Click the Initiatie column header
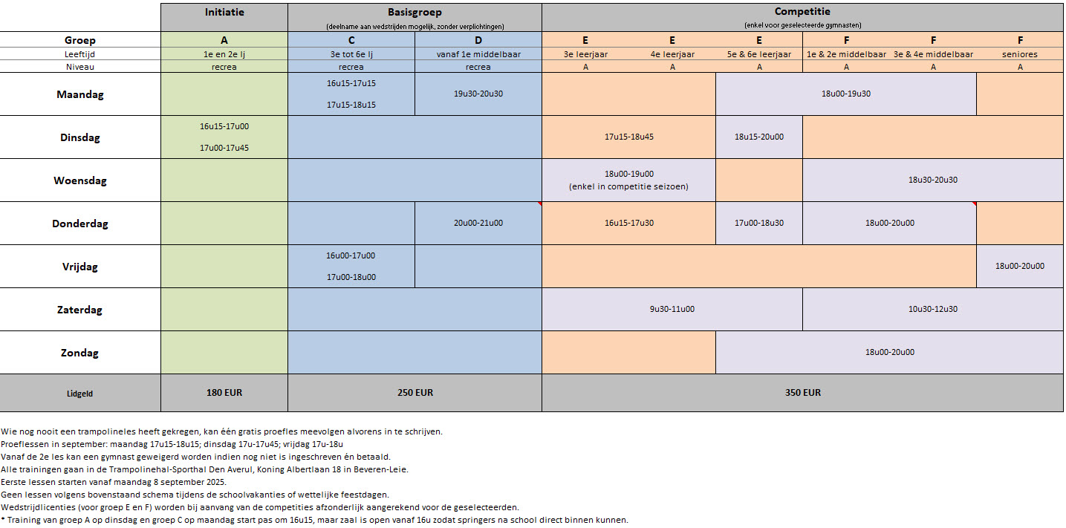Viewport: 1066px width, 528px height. (x=224, y=12)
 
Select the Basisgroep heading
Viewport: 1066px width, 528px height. (x=415, y=12)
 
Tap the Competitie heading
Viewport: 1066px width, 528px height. (x=802, y=12)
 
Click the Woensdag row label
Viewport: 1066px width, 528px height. (x=80, y=180)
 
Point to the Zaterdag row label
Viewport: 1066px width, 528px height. (x=80, y=310)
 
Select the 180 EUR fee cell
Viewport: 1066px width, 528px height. (x=224, y=392)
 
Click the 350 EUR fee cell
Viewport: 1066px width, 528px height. (x=802, y=392)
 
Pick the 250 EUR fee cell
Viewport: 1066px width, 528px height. (x=415, y=392)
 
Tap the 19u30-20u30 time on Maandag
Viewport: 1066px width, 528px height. (x=478, y=94)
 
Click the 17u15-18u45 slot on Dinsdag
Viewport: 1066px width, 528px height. (x=629, y=137)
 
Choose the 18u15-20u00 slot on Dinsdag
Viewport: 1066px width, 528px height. (x=758, y=137)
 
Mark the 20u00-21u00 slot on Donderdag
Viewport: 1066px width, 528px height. (x=478, y=223)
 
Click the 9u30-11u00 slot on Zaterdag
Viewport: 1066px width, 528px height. (x=672, y=309)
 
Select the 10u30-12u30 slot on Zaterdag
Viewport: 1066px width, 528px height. (x=933, y=309)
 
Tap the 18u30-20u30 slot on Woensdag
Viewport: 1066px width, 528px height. (x=933, y=180)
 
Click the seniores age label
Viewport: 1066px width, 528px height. (x=1020, y=54)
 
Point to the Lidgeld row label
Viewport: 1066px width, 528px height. (x=80, y=394)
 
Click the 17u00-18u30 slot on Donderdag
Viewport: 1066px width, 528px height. (x=758, y=223)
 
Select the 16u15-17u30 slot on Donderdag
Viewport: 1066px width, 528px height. (x=629, y=223)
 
